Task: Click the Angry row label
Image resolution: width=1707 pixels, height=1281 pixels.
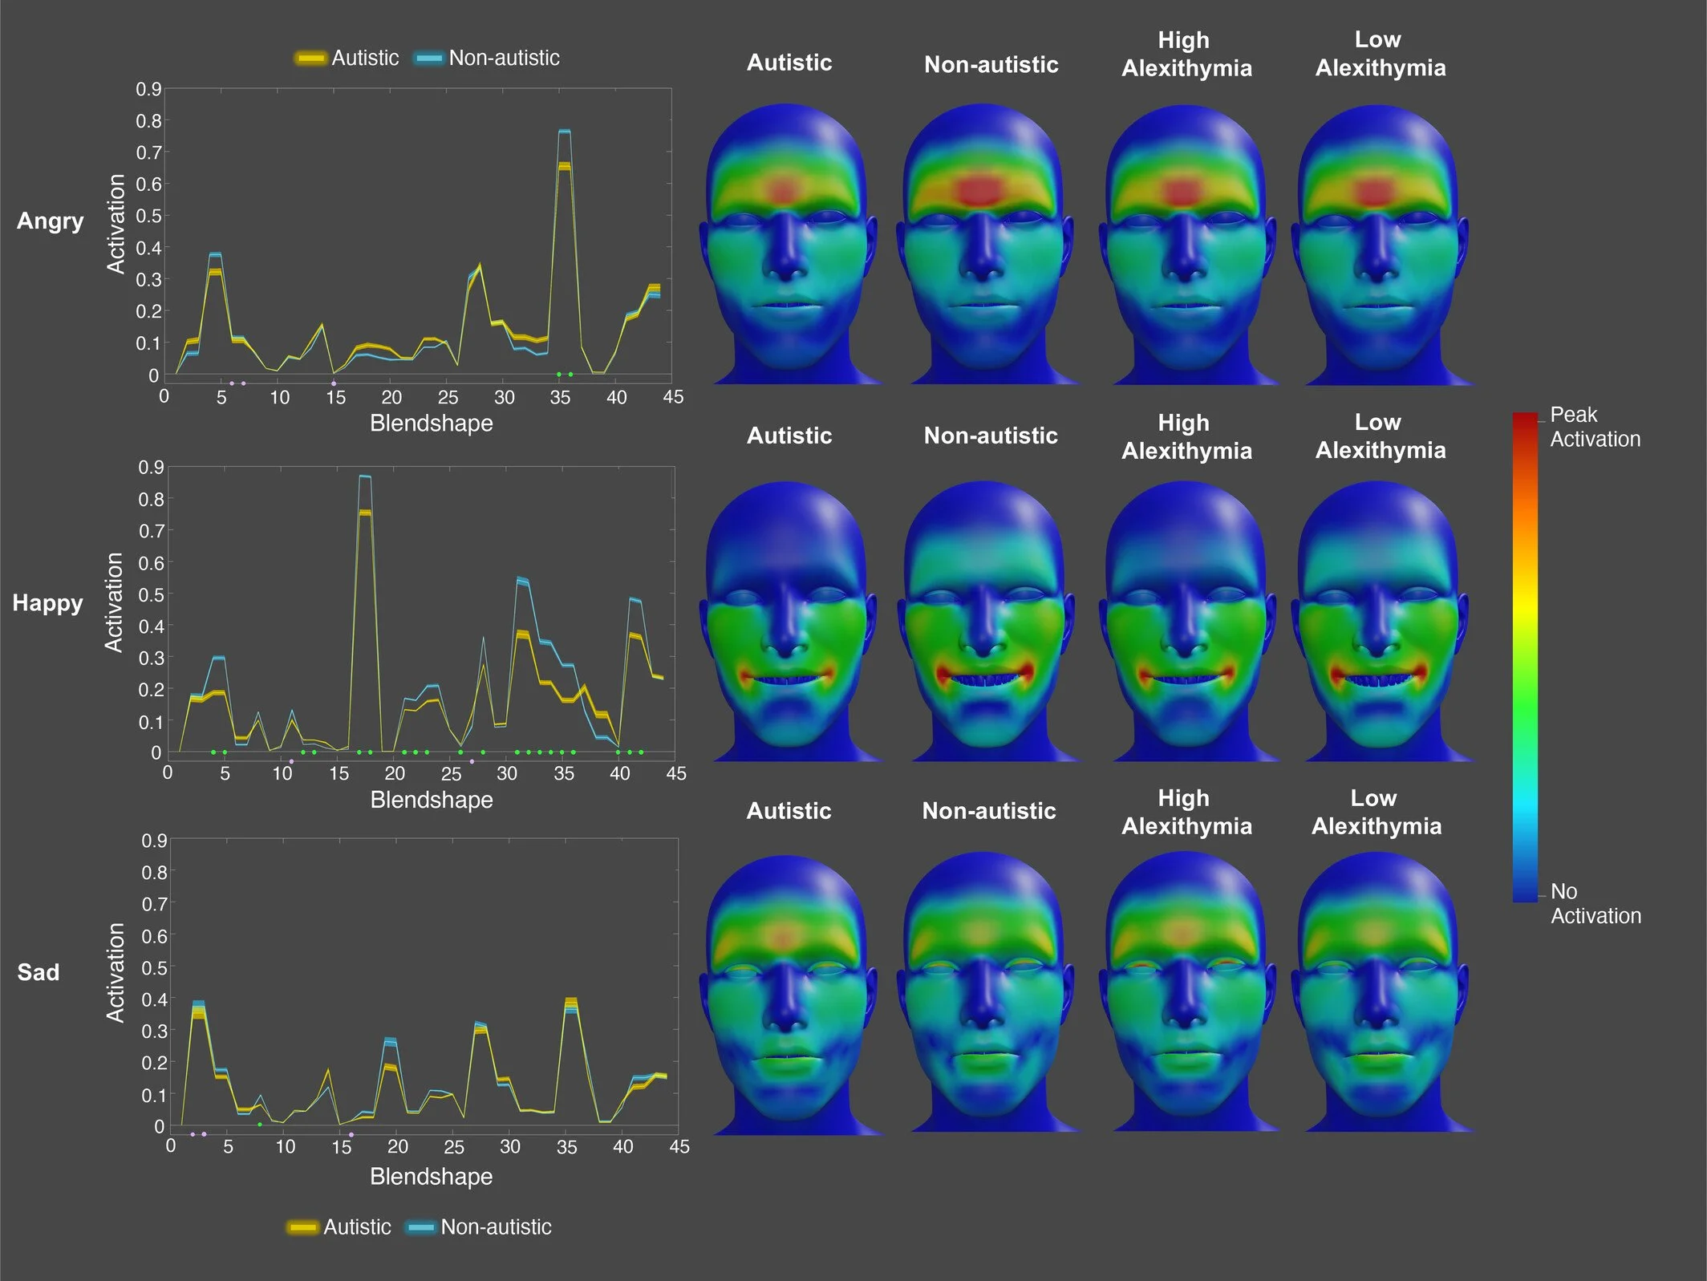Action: click(50, 221)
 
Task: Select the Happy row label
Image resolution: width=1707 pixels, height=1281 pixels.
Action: click(47, 602)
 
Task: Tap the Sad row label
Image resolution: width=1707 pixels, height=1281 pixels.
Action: click(38, 972)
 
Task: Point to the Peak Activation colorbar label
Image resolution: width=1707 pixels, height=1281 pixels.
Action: click(1594, 427)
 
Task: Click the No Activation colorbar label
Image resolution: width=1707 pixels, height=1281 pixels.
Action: click(1595, 903)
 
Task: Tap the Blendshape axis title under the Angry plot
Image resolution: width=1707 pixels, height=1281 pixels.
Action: click(431, 423)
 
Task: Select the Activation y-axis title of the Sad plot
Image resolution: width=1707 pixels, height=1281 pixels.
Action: click(116, 972)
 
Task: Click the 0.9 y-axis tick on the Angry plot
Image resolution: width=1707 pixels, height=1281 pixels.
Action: click(148, 89)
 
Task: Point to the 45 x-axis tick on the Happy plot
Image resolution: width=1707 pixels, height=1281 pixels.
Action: click(675, 773)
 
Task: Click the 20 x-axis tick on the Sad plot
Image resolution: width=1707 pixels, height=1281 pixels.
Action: click(398, 1146)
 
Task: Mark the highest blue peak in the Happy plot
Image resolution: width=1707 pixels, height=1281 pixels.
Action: click(365, 476)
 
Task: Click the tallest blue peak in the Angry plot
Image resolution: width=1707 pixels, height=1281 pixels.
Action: click(564, 131)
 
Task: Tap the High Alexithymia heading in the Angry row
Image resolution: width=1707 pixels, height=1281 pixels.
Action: click(1186, 54)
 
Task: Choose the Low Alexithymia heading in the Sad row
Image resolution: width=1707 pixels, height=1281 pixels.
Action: click(1376, 812)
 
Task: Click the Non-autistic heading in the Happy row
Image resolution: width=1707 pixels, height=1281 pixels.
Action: click(990, 436)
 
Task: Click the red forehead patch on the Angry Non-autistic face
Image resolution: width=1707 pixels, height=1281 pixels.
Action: click(981, 191)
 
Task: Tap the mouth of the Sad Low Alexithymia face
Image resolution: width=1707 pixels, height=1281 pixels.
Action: click(1377, 1058)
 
